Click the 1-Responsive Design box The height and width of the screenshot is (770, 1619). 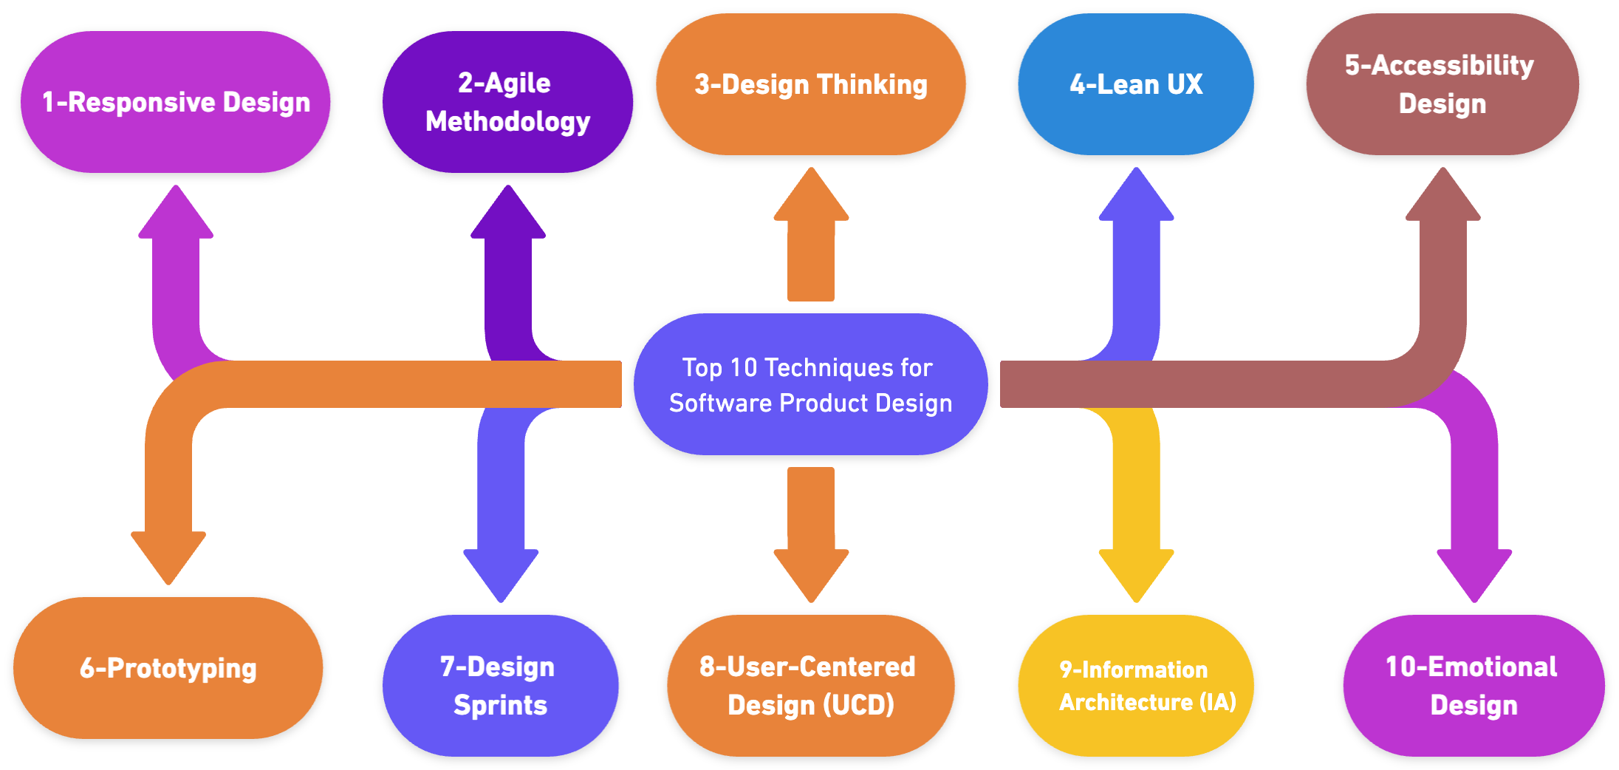[176, 102]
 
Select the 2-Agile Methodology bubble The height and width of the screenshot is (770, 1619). [507, 102]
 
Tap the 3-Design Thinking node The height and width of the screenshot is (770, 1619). [810, 84]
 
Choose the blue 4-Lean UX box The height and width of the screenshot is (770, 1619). [1135, 84]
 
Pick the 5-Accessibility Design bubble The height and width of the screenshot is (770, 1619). [1442, 84]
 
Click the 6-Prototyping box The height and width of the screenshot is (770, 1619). [168, 668]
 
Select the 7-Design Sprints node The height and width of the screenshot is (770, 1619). [500, 686]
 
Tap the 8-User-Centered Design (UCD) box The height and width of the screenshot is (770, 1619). [810, 686]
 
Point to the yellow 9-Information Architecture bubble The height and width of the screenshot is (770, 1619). [1135, 686]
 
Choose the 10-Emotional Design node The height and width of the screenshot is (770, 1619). [1473, 686]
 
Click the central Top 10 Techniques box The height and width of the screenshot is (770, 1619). [810, 384]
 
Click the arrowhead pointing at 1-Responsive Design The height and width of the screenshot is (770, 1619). [176, 214]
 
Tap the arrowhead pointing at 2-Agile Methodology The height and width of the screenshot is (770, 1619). [507, 214]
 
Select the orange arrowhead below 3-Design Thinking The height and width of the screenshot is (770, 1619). [811, 197]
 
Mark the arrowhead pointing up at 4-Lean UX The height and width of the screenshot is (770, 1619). [1136, 197]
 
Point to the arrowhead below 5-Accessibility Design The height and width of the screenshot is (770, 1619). [1442, 197]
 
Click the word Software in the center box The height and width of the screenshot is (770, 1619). [720, 403]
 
